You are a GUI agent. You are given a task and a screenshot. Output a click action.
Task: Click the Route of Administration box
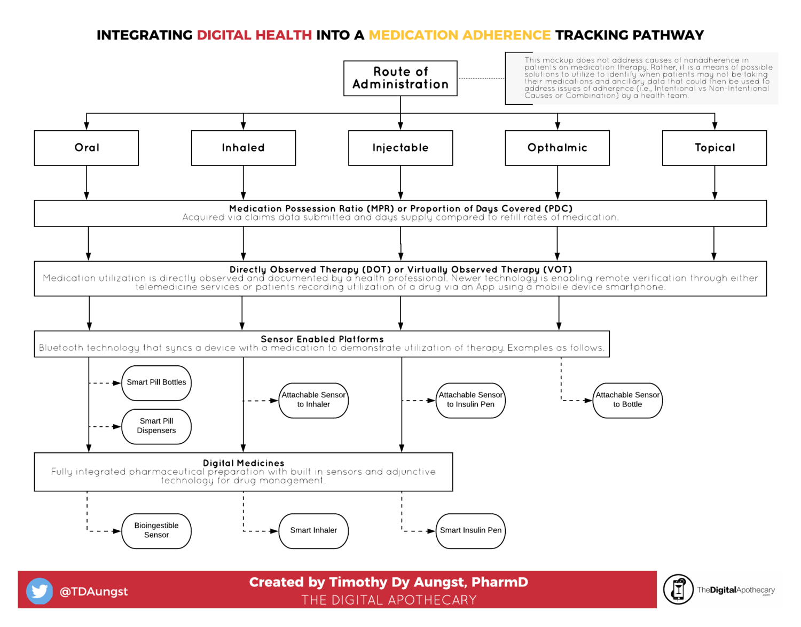[400, 78]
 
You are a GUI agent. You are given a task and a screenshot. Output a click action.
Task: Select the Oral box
[87, 148]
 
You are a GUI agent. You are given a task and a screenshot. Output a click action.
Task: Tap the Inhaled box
[244, 148]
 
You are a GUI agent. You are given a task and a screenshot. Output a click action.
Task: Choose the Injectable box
[400, 148]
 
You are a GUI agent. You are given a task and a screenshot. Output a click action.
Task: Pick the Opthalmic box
[557, 148]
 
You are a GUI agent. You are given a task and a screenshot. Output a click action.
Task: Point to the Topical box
[714, 148]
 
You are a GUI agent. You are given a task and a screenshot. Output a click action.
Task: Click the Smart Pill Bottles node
[156, 383]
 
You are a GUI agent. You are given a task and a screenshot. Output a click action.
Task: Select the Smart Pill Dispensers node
[156, 426]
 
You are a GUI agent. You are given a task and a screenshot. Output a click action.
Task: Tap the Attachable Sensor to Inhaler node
[313, 400]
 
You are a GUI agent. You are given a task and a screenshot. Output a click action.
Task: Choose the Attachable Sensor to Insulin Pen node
[470, 400]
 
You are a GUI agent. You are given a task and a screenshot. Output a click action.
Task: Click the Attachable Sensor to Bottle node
[627, 400]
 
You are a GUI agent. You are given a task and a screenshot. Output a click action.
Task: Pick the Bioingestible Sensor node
[156, 531]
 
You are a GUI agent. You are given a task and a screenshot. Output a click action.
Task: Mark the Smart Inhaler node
[313, 531]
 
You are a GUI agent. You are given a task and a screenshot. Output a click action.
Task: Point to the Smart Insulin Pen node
[470, 531]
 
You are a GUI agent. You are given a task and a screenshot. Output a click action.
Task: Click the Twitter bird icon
[40, 591]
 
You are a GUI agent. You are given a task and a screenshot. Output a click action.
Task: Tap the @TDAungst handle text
[94, 591]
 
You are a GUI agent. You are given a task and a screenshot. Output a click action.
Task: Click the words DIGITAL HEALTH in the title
[254, 35]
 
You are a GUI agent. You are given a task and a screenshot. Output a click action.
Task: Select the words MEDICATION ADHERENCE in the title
[459, 35]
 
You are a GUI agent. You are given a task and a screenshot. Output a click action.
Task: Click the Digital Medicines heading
[244, 463]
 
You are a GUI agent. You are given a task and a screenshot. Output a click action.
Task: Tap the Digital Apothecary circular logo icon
[678, 590]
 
